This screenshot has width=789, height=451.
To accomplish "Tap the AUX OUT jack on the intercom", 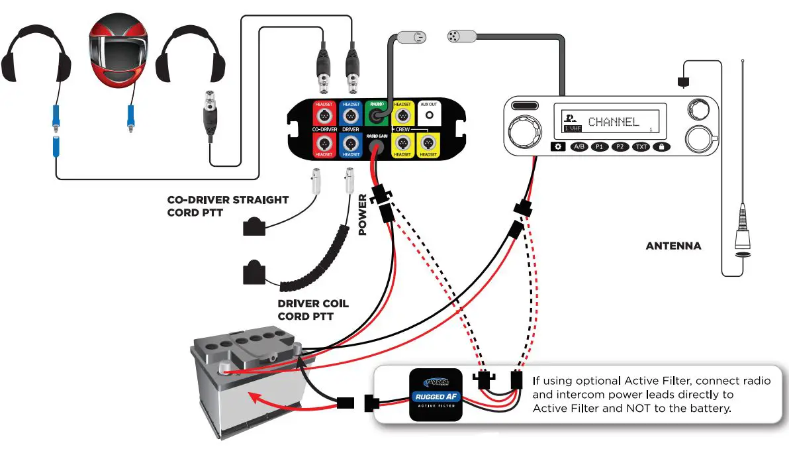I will click(429, 115).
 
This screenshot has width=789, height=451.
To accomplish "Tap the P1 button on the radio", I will click(600, 147).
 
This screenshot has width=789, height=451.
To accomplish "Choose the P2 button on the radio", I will click(620, 147).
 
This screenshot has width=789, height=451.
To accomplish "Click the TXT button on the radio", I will click(641, 147).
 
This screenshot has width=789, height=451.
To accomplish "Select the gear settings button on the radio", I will click(558, 147).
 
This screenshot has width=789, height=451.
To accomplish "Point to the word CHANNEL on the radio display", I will click(614, 122).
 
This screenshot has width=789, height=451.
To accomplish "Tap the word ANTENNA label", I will click(673, 246).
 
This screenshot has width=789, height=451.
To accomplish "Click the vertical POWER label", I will click(363, 215).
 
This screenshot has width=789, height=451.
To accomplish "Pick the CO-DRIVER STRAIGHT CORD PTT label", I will click(228, 205).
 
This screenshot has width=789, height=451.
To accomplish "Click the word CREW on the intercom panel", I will click(403, 128).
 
